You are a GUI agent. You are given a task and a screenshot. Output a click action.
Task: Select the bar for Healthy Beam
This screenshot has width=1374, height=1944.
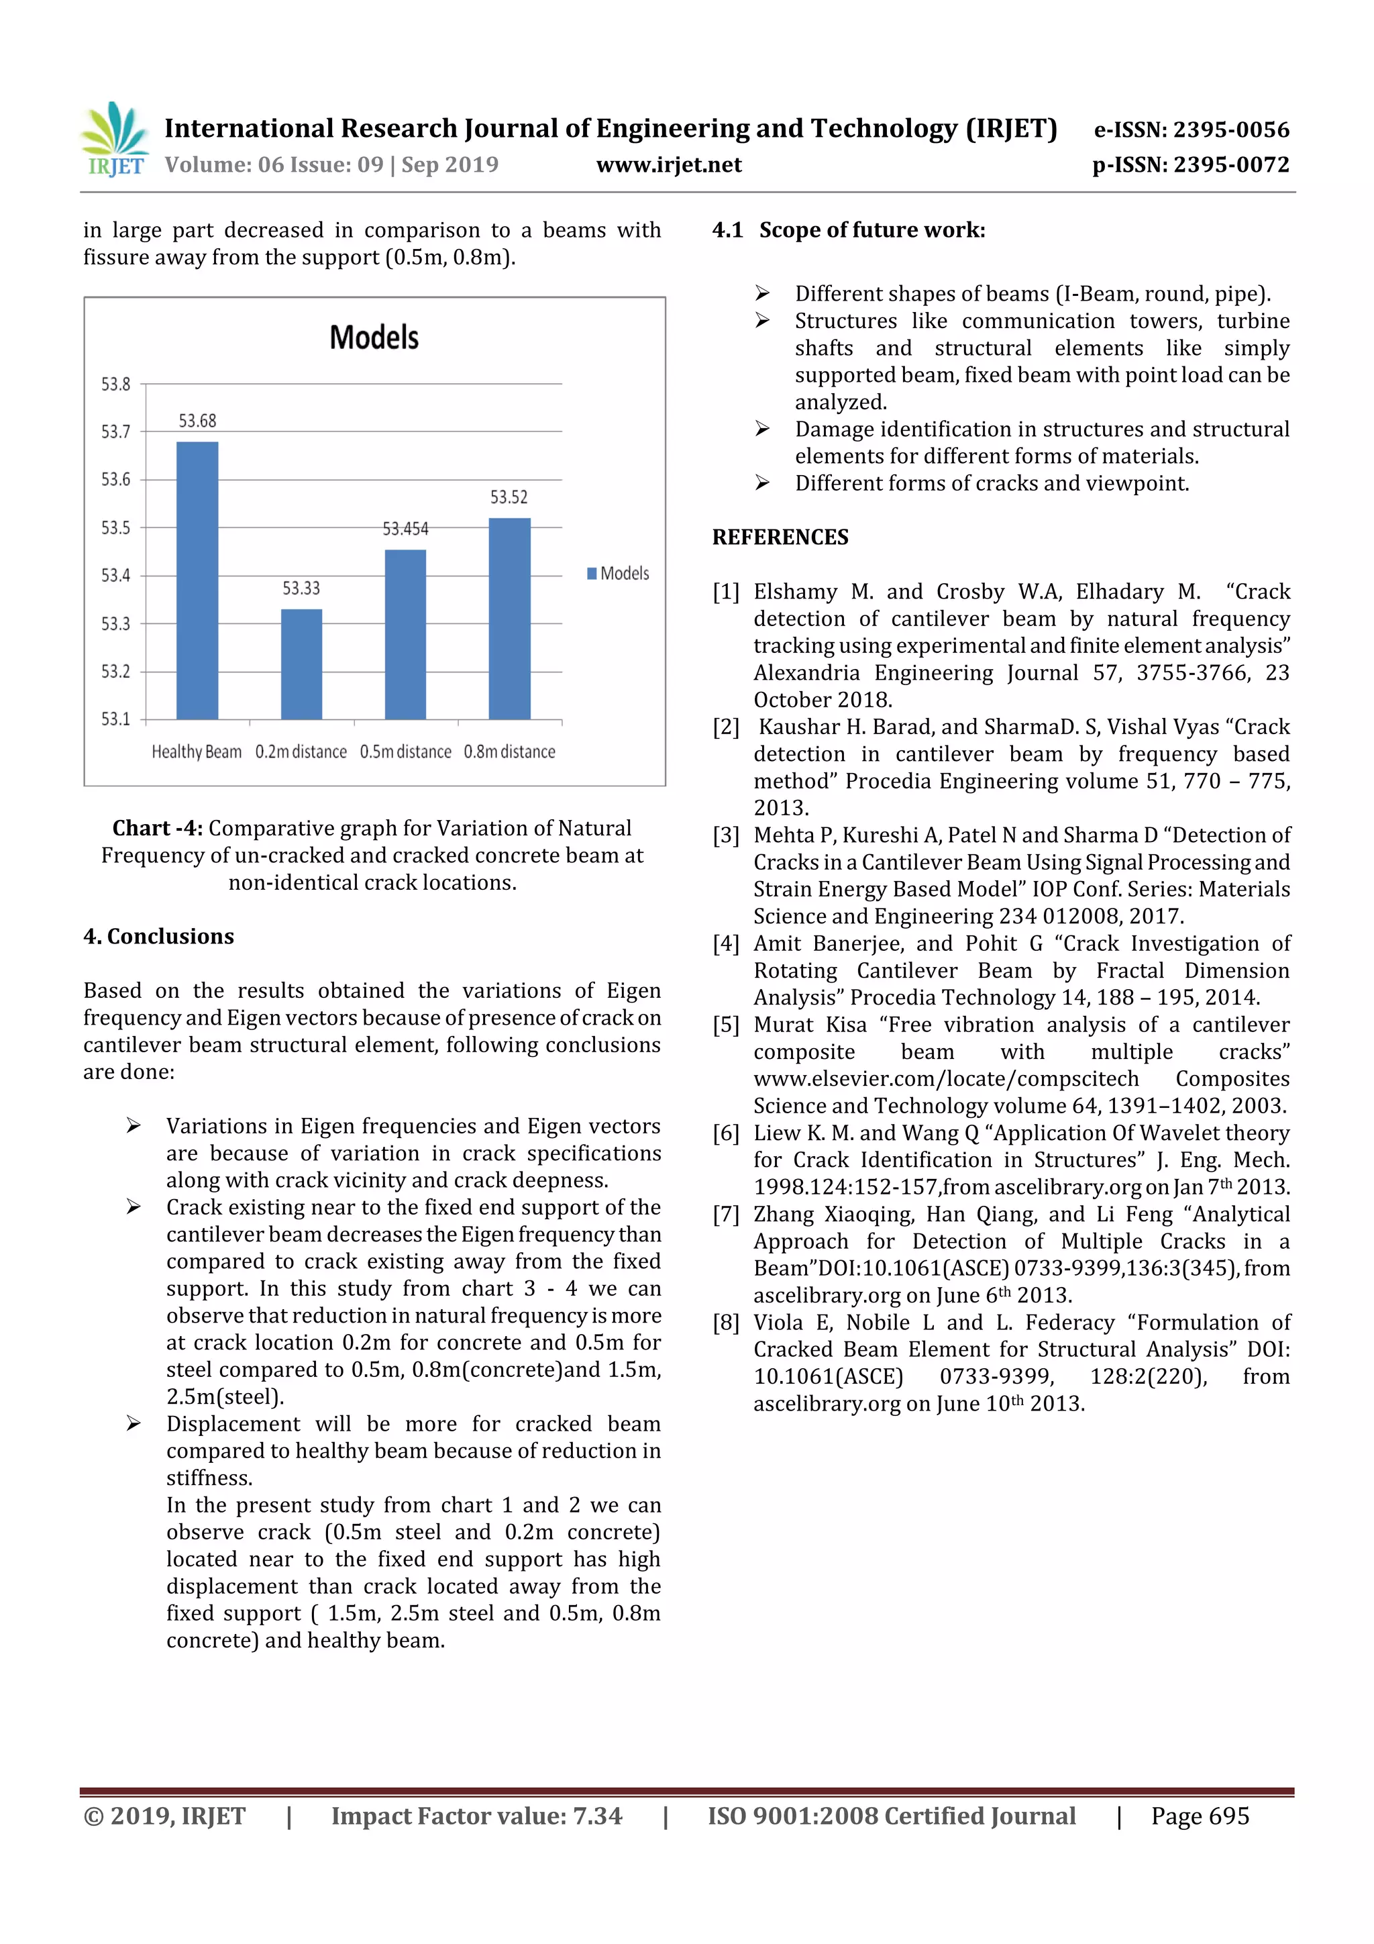197,580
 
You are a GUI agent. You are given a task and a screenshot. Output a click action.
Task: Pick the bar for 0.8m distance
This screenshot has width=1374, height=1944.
510,618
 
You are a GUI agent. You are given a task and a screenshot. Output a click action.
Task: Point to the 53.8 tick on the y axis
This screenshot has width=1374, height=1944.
116,385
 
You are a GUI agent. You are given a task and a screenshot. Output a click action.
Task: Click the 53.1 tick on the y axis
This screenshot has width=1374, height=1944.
116,719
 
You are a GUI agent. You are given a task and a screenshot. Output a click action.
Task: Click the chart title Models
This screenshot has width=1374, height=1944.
374,338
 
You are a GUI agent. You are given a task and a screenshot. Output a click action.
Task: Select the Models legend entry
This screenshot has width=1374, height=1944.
619,573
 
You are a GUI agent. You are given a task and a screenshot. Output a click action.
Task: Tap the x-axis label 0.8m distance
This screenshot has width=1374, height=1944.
510,752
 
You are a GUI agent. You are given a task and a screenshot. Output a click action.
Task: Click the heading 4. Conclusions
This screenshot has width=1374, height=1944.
158,937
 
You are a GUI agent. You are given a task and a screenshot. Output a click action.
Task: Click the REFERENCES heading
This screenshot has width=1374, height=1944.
780,538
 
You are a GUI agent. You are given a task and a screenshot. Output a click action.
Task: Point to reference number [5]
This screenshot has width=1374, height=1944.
725,1025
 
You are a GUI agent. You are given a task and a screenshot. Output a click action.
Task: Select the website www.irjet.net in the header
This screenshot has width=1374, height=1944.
669,165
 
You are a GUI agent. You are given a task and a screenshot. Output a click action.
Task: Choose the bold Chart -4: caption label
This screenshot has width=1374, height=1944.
158,828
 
